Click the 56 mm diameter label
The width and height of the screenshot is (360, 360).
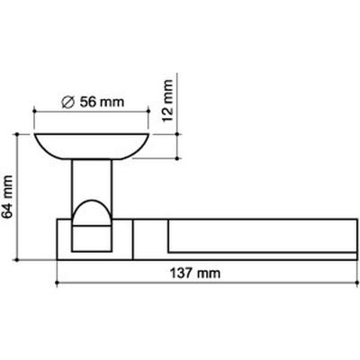point(93,103)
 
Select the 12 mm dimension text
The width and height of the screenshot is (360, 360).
point(167,101)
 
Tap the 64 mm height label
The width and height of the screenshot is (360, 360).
point(7,197)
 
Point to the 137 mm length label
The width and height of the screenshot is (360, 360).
point(195,274)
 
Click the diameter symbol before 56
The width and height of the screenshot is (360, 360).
point(67,103)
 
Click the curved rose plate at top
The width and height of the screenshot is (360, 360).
point(92,147)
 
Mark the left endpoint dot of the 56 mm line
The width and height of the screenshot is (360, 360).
point(34,112)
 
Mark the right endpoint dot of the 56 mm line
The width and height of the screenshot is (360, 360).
point(148,112)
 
